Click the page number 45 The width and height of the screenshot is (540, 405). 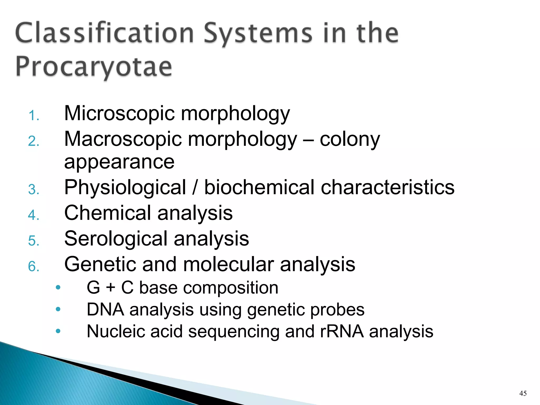click(x=523, y=393)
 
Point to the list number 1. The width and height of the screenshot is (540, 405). click(x=33, y=116)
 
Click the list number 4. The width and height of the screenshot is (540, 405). click(x=33, y=215)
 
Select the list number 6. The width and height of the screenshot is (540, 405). click(x=33, y=266)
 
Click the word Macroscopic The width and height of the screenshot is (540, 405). click(x=123, y=139)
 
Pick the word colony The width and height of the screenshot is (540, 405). click(x=350, y=139)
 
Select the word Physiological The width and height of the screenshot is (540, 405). click(x=125, y=187)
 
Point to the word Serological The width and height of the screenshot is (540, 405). click(x=116, y=239)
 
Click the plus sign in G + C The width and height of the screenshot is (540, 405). click(x=110, y=287)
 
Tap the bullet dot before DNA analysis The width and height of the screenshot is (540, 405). click(x=58, y=309)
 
